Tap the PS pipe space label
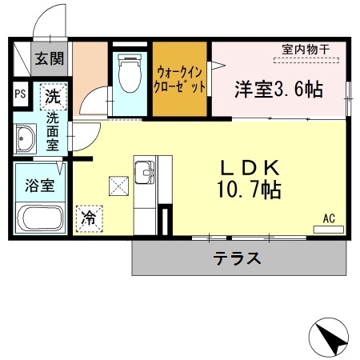(19, 93)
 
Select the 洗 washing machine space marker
(53, 98)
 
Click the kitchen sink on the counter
(145, 171)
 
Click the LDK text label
(250, 169)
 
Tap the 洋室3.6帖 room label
(278, 90)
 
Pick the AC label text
(329, 218)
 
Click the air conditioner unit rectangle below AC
(328, 230)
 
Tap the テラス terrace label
(238, 258)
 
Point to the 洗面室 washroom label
(52, 130)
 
